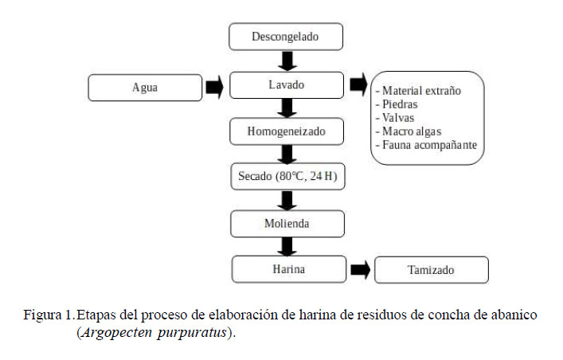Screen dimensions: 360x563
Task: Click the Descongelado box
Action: [x=286, y=37]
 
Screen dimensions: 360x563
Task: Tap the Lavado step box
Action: [x=286, y=84]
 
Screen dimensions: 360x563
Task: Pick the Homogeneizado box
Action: [x=286, y=131]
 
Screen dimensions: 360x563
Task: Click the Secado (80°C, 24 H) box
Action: [x=288, y=177]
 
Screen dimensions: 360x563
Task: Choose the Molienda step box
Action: [x=287, y=224]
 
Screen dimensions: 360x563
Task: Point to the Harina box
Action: [x=287, y=268]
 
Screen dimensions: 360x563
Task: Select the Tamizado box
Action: [x=432, y=270]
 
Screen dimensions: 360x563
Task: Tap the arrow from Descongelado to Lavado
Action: [x=286, y=61]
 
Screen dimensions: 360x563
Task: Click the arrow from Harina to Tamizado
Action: [x=360, y=269]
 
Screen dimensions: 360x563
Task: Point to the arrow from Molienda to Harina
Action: [x=287, y=246]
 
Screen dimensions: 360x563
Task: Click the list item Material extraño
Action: [x=420, y=90]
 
